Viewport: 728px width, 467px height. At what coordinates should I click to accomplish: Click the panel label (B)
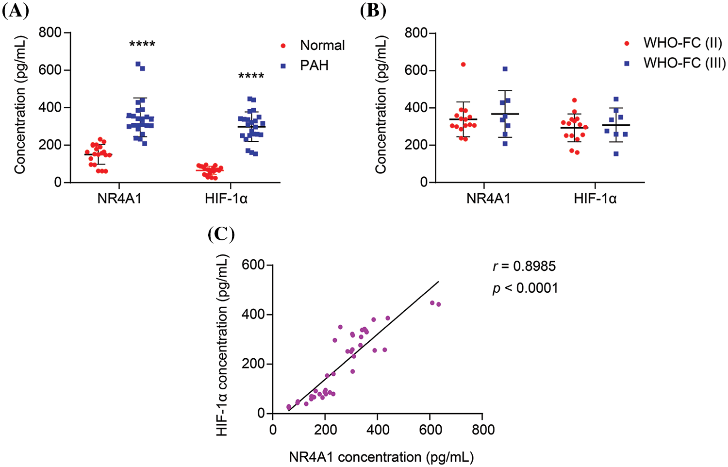click(373, 11)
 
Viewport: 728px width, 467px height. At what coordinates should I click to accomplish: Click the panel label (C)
click(221, 234)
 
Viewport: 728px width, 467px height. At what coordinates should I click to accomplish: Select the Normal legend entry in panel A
click(322, 46)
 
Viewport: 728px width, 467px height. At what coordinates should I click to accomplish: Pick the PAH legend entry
click(314, 65)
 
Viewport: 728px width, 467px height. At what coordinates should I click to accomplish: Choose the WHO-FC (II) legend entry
click(682, 43)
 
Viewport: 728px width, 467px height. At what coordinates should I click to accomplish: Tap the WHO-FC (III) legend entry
click(684, 63)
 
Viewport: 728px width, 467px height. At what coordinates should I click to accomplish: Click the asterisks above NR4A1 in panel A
click(142, 45)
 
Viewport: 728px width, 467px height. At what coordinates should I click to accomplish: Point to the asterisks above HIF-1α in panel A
click(251, 77)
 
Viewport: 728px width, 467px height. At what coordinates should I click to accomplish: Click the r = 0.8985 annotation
click(524, 266)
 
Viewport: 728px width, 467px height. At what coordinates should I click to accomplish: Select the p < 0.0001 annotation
click(525, 288)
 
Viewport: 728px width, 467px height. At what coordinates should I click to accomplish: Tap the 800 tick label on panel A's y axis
click(50, 33)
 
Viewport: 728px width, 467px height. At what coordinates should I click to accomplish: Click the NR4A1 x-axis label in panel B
click(488, 199)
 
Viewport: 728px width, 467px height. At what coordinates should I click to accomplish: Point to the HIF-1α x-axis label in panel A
click(226, 199)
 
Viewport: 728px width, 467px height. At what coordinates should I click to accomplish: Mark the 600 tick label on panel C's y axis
click(253, 265)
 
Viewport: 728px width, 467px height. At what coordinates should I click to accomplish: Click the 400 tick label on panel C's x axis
click(378, 430)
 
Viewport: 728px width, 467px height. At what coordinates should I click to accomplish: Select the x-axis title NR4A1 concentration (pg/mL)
click(381, 457)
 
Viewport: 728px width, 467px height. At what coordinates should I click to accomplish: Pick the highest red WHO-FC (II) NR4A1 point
click(463, 65)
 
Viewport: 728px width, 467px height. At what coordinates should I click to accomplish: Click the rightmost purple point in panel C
click(438, 304)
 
